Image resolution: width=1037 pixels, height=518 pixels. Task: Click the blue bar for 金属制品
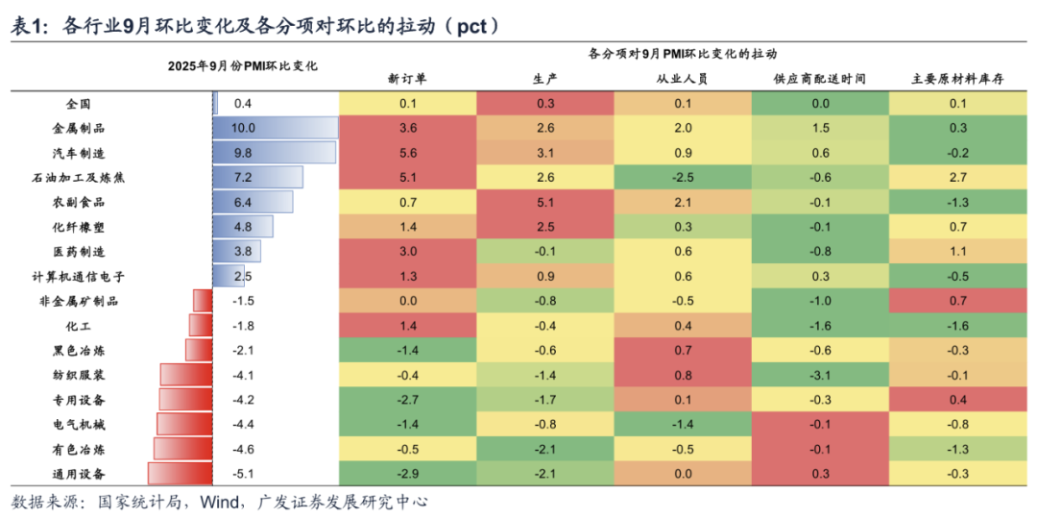275,128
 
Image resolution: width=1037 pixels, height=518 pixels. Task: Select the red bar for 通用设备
180,473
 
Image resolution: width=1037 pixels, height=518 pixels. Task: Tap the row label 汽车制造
79,153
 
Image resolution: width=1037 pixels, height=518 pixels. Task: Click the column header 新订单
407,79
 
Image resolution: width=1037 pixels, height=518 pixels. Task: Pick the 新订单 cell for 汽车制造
407,153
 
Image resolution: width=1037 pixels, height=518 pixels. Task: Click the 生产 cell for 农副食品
545,202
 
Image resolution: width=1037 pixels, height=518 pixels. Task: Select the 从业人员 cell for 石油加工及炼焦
683,177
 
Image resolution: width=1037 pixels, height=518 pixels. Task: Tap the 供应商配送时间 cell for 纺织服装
820,375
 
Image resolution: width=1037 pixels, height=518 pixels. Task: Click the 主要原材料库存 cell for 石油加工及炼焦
957,177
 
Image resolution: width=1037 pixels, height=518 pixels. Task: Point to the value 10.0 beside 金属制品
243,128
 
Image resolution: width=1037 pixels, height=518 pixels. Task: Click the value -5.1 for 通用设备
243,473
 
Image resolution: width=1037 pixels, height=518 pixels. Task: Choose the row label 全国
79,103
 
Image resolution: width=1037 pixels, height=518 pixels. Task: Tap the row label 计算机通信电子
79,276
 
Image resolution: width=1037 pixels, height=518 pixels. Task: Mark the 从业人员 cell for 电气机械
683,424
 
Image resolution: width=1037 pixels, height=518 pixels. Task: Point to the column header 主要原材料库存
957,79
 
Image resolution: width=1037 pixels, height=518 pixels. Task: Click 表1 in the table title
28,27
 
